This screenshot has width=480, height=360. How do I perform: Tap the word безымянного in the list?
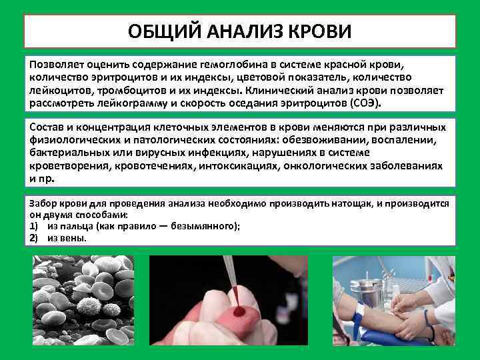(x=204, y=226)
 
